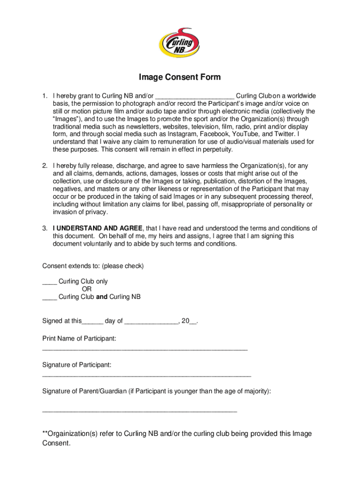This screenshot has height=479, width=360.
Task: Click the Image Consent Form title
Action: (180, 77)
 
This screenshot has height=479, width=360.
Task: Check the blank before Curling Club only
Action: (50, 282)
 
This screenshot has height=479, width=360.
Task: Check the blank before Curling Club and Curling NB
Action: (50, 297)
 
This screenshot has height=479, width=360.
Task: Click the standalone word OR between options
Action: (86, 289)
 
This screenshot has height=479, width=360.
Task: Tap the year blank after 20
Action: (194, 321)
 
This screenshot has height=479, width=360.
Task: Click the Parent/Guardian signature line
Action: (140, 410)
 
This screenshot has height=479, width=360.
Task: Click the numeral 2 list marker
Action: (45, 166)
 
